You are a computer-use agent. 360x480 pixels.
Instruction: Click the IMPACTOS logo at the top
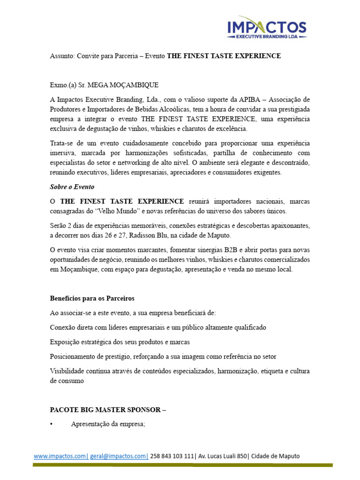(x=267, y=28)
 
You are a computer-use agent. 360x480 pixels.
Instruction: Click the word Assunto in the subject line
(x=61, y=56)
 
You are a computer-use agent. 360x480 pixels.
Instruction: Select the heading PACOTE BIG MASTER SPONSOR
(x=105, y=409)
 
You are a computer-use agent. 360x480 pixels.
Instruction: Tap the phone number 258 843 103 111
(x=172, y=456)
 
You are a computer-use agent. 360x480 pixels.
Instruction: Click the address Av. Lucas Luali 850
(x=223, y=456)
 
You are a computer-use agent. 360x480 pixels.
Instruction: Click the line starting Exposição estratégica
(x=120, y=342)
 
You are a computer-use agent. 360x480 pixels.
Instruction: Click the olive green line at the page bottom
(x=182, y=465)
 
